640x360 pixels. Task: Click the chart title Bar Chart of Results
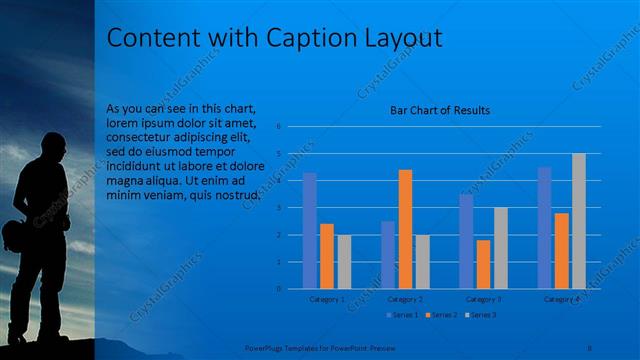(440, 110)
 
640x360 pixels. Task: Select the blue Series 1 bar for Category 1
(309, 230)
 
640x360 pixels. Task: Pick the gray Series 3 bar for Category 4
(578, 221)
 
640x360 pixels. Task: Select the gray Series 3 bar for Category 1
(344, 261)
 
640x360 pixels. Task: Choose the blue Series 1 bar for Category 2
(388, 254)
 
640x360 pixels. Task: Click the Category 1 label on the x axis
(326, 298)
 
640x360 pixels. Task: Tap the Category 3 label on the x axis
(483, 298)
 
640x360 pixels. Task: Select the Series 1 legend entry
(403, 315)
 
